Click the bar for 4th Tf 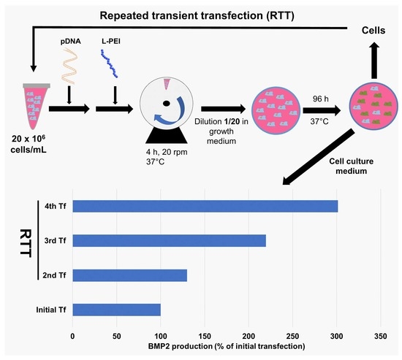(205, 206)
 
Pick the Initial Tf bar (116, 310)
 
